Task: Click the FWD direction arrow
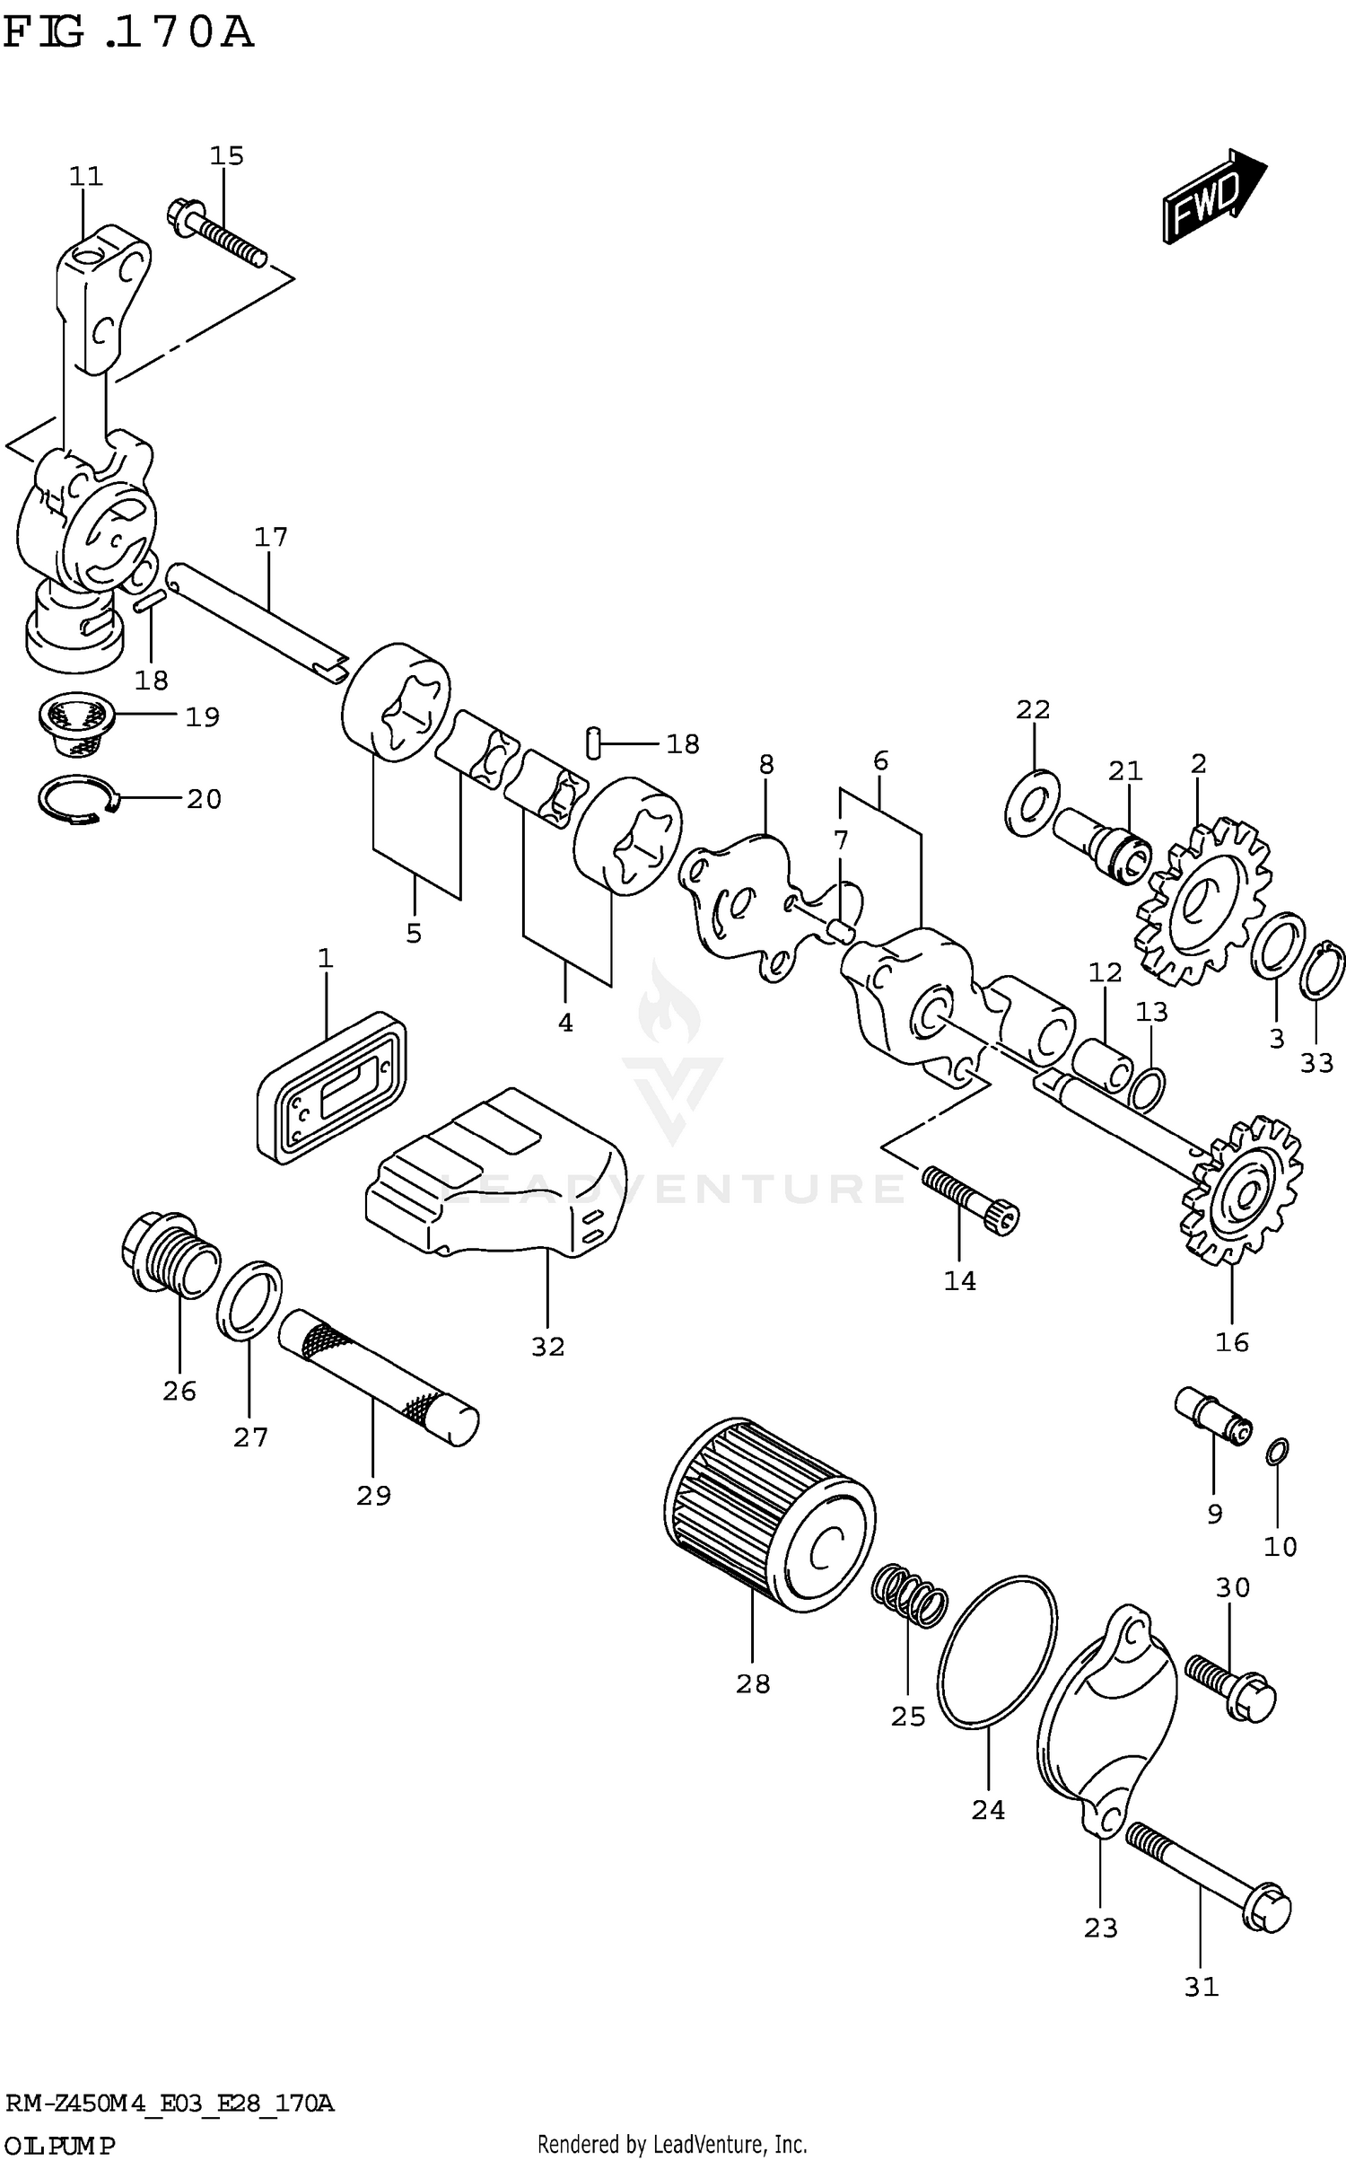point(1214,197)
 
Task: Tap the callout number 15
point(226,156)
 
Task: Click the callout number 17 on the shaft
point(270,537)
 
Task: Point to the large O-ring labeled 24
point(996,1651)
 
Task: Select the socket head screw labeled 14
point(970,1198)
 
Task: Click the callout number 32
point(547,1347)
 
